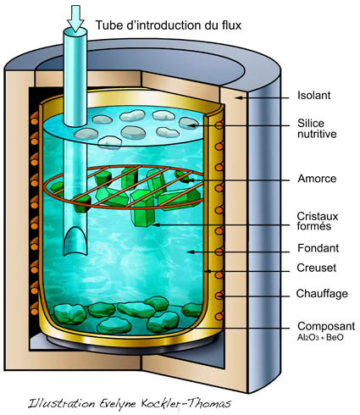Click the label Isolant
pyautogui.click(x=313, y=96)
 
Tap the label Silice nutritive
pyautogui.click(x=317, y=129)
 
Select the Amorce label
pyautogui.click(x=317, y=179)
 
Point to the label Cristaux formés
pyautogui.click(x=318, y=221)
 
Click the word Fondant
pyautogui.click(x=318, y=248)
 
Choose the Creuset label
pyautogui.click(x=317, y=268)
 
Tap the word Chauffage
pyautogui.click(x=322, y=294)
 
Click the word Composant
pyautogui.click(x=326, y=326)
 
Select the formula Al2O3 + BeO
pyautogui.click(x=320, y=338)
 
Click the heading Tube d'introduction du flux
pyautogui.click(x=169, y=25)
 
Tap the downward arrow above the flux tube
pyautogui.click(x=75, y=19)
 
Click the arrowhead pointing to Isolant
pyautogui.click(x=239, y=97)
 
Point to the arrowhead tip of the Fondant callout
pyautogui.click(x=187, y=252)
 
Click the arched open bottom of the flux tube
pyautogui.click(x=75, y=241)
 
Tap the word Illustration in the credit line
pyautogui.click(x=61, y=403)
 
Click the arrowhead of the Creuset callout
pyautogui.click(x=208, y=271)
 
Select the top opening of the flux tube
pyautogui.click(x=75, y=32)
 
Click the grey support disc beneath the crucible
pyautogui.click(x=134, y=343)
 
